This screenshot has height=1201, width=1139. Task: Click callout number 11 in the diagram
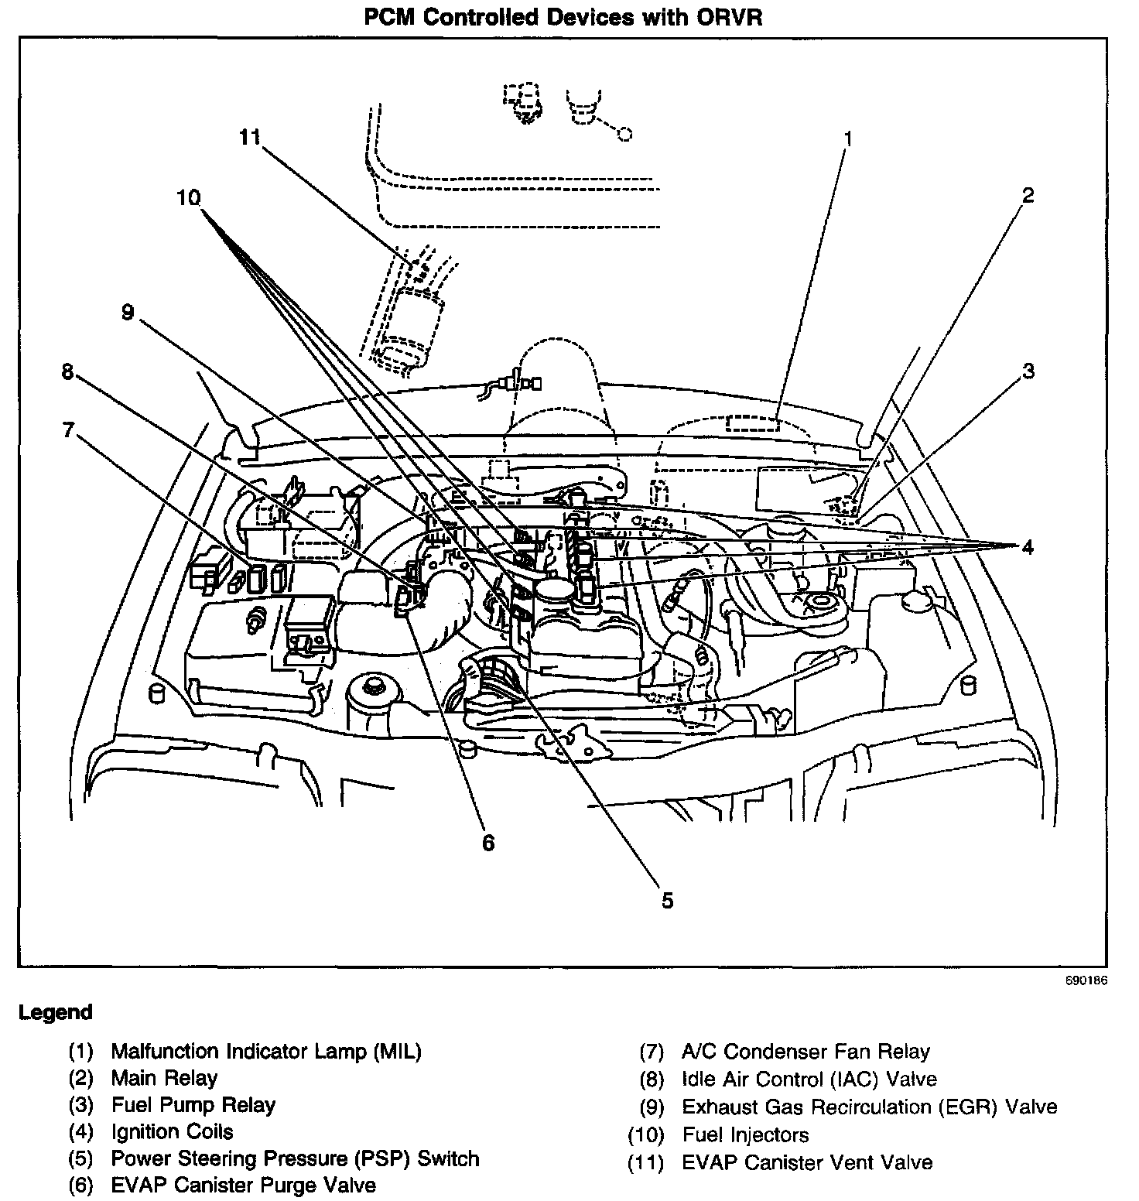point(249,137)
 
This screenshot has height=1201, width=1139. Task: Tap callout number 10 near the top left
point(188,198)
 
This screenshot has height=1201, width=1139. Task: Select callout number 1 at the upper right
point(847,139)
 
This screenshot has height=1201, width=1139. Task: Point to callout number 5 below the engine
point(667,900)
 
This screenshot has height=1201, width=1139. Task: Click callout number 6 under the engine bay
point(488,843)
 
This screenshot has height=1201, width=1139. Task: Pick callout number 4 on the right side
point(1027,547)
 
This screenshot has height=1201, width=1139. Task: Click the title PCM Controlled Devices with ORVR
point(563,18)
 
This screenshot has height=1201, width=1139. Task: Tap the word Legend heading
point(55,1012)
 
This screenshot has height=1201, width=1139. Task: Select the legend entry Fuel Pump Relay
point(193,1104)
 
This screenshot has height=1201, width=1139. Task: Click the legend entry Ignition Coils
point(172,1131)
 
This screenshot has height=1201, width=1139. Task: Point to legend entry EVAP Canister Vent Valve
point(807,1162)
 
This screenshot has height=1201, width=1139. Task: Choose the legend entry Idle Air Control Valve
point(809,1079)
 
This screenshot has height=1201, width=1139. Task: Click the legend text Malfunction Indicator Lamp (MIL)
point(266,1051)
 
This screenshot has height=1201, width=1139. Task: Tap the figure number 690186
point(1086,980)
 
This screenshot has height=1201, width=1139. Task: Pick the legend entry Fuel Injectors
point(745,1135)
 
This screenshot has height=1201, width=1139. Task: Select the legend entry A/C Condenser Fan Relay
point(806,1052)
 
